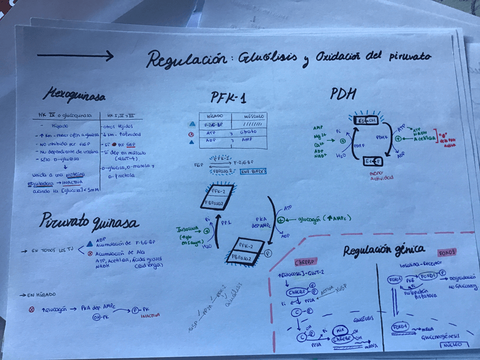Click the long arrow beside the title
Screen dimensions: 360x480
[75, 55]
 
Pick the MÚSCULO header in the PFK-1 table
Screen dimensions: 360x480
[250, 115]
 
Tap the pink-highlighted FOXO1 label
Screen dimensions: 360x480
[448, 252]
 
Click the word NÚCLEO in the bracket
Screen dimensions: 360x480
[452, 344]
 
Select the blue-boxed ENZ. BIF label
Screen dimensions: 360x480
[254, 170]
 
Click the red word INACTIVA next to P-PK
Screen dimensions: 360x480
[151, 315]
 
